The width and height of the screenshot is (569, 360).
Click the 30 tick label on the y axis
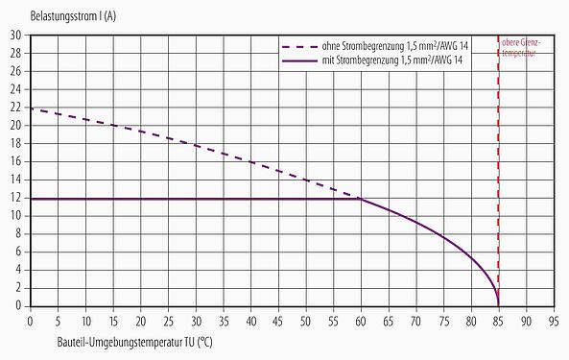click(15, 36)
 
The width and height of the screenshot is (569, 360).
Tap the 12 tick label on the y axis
click(15, 198)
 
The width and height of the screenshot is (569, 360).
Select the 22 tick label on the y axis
click(15, 108)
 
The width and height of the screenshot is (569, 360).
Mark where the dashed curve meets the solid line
click(361, 199)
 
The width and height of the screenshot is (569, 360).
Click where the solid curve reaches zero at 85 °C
click(498, 305)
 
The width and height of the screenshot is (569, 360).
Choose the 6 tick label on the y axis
click(18, 252)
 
